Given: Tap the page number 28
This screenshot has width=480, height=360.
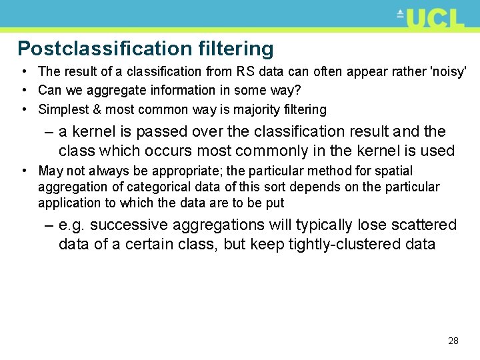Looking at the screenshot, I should point(453,341).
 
